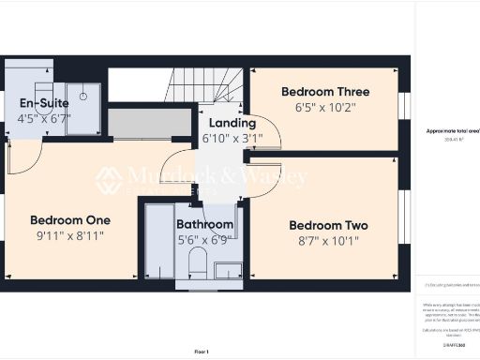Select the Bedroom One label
pos(70,220)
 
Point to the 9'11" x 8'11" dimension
pos(70,236)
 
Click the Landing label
pos(232,123)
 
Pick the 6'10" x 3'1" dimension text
pos(232,139)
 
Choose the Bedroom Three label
pos(325,92)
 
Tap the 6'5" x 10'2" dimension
pos(325,108)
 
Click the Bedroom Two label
pos(328,226)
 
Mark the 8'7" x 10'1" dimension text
pos(328,242)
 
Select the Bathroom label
pos(204,225)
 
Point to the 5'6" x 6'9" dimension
pos(204,240)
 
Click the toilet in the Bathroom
pos(197,264)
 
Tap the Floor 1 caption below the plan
pos(201,351)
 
